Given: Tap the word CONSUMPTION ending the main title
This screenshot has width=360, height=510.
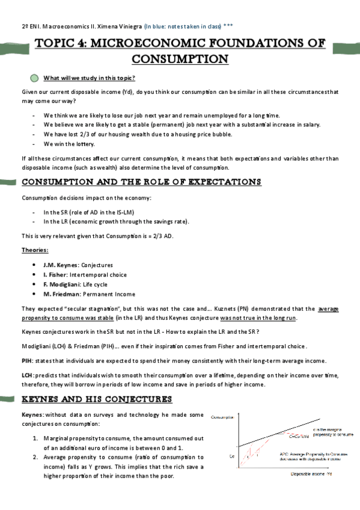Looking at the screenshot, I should (x=180, y=60).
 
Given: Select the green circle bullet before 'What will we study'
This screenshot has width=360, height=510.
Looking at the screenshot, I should (x=34, y=78).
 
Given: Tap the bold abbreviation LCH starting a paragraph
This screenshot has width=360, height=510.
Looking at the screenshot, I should (x=27, y=375).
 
